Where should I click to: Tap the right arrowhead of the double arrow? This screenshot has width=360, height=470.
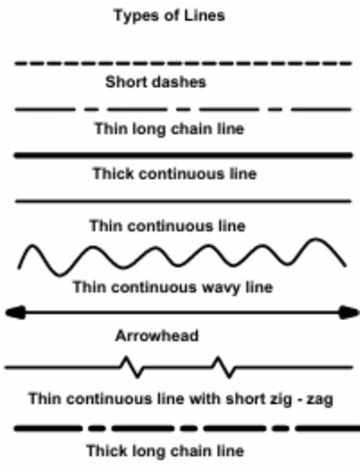(349, 313)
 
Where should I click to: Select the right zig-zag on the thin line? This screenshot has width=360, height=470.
(225, 367)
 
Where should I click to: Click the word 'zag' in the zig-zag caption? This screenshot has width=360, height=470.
(321, 399)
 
